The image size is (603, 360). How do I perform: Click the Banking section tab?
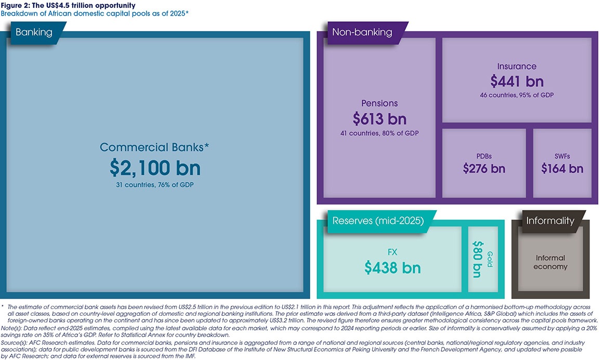pos(34,32)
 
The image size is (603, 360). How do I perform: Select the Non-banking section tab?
pos(362,32)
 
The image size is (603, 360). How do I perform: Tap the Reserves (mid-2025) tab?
pos(378,221)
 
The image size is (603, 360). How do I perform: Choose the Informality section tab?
pos(550,221)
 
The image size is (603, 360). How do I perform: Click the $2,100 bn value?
pos(155,168)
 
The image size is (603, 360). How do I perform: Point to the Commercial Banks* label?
pos(154,147)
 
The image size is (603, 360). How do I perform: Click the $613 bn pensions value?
pos(379,119)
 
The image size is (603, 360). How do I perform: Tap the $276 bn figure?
pos(484,169)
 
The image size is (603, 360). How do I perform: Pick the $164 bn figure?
pos(562,169)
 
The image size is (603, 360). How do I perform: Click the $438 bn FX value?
pos(392,267)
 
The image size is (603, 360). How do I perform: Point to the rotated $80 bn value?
pos(477,259)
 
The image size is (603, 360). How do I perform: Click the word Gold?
pos(489,259)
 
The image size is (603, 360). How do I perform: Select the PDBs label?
pos(484,156)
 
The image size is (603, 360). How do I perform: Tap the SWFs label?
pos(562,156)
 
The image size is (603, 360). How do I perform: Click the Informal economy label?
pos(550,262)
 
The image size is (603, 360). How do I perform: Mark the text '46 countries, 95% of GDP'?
pos(517,95)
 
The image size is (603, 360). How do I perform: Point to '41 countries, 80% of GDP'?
pos(379,133)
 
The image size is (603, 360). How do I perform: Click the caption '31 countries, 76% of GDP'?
pos(154,185)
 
